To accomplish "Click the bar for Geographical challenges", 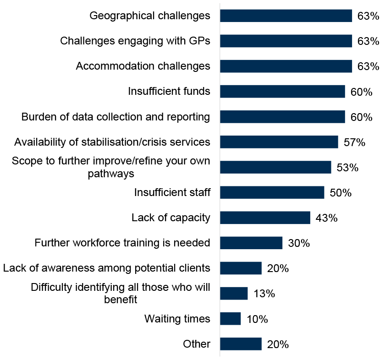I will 286,16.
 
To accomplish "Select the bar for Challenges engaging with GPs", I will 286,41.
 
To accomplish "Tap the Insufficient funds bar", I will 282,92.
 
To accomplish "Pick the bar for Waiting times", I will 230,319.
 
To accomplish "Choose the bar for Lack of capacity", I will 265,218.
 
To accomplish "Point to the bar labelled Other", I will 241,344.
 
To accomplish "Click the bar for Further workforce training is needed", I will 251,243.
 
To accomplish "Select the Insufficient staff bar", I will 272,192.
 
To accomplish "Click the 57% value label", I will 354,142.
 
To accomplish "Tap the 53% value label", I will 347,168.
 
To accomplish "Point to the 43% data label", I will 326,218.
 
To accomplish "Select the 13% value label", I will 264,294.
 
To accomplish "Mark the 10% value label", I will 257,319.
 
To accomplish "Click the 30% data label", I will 299,243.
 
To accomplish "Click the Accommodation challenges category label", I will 143,66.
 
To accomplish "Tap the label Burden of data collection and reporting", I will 115,117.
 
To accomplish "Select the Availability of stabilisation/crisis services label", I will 112,142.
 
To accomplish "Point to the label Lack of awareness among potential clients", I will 107,268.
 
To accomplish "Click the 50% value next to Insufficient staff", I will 341,193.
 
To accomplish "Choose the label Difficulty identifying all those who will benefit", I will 121,294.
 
